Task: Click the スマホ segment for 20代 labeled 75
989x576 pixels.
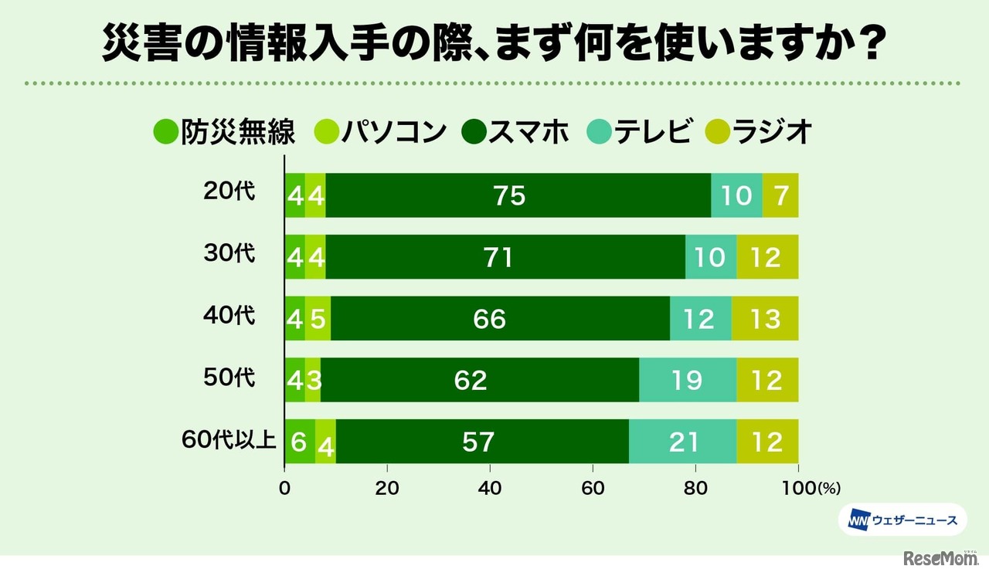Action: click(510, 195)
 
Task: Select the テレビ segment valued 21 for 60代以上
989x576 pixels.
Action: click(682, 442)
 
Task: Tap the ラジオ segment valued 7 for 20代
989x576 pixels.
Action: click(780, 195)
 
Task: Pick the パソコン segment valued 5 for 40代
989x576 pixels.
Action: click(318, 318)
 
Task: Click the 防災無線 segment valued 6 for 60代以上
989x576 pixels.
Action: click(300, 442)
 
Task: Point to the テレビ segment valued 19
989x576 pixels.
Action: click(688, 380)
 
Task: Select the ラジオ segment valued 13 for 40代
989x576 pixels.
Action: click(765, 318)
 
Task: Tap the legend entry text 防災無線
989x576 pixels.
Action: click(238, 132)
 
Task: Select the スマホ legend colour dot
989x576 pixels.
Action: click(475, 133)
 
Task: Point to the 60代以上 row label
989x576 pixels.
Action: click(228, 439)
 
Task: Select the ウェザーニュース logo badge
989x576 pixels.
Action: click(902, 520)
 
